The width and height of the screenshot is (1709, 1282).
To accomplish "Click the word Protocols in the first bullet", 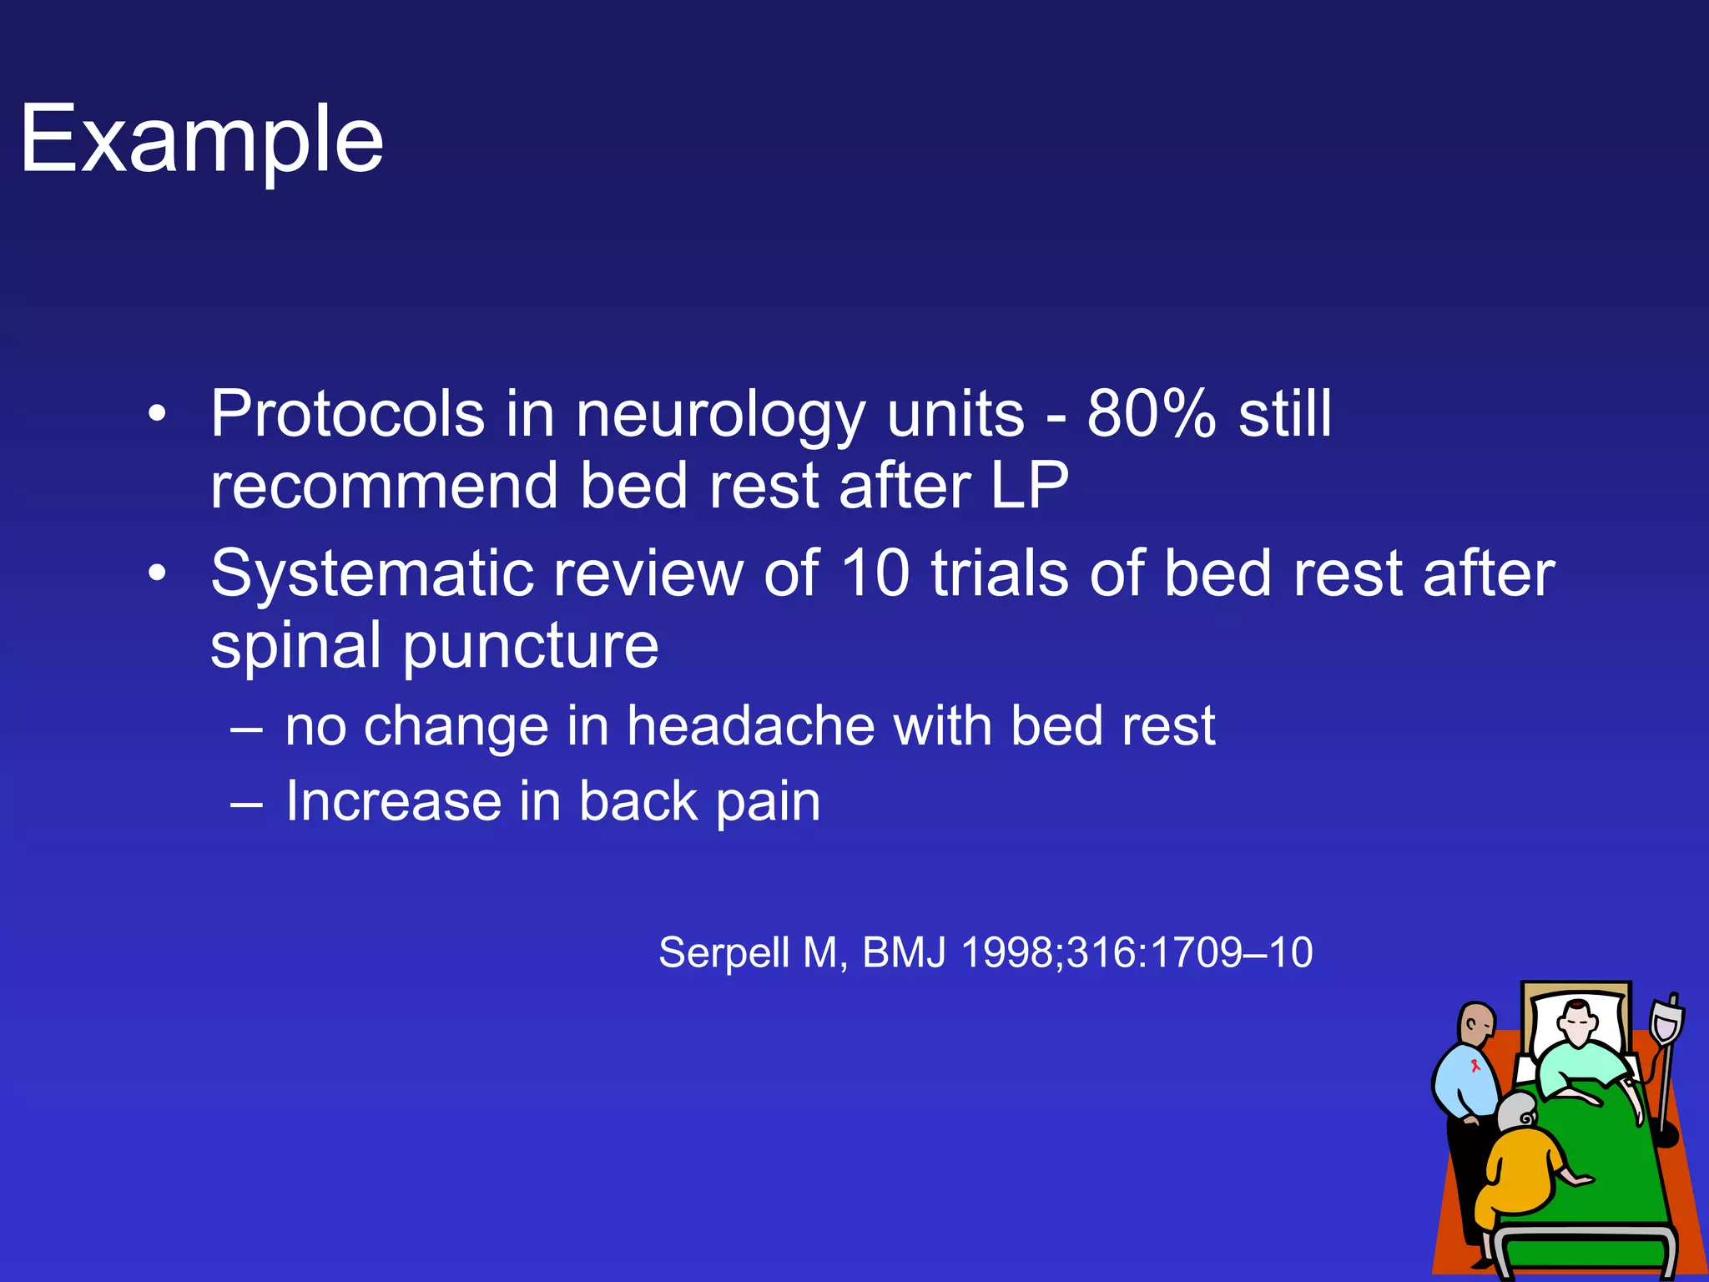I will [x=347, y=414].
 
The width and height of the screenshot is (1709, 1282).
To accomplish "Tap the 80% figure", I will [x=1151, y=414].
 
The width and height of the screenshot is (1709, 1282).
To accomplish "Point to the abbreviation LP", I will [x=1029, y=486].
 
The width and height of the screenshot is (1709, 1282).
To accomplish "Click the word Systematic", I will [x=371, y=574].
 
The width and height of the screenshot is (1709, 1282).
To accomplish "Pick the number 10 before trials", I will [x=875, y=574].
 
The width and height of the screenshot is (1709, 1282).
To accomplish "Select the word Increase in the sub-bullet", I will [x=392, y=801].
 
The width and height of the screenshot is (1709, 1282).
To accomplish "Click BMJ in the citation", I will [x=904, y=953].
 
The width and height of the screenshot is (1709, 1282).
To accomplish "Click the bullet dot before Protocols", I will [x=157, y=415].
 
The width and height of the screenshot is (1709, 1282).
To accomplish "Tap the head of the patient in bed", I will [x=1578, y=1022].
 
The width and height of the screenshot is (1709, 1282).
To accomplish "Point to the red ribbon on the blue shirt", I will [x=1475, y=1066].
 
